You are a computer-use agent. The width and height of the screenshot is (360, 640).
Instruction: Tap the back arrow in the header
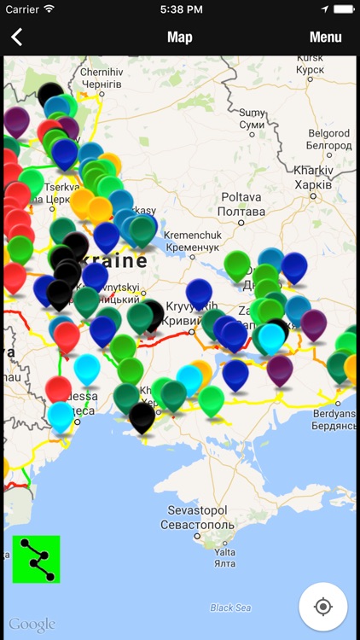16,38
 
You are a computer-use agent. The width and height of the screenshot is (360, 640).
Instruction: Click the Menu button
325,38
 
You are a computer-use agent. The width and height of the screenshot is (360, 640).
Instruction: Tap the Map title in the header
180,38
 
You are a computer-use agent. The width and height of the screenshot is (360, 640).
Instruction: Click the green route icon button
37,559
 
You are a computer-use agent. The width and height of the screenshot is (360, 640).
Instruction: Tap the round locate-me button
322,607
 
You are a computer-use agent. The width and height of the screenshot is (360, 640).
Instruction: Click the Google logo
32,625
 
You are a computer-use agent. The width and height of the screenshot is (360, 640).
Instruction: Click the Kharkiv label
313,179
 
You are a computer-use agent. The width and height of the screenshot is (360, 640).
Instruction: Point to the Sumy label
252,119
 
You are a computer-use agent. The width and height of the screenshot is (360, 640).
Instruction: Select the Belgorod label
328,139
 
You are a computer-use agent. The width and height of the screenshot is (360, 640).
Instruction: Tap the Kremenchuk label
193,239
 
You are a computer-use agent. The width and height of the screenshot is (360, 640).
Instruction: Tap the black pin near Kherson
142,416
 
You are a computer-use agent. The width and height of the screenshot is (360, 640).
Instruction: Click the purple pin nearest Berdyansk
279,369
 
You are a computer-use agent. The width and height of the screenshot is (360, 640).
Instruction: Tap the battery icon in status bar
344,9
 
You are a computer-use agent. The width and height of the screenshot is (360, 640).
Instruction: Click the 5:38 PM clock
180,9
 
